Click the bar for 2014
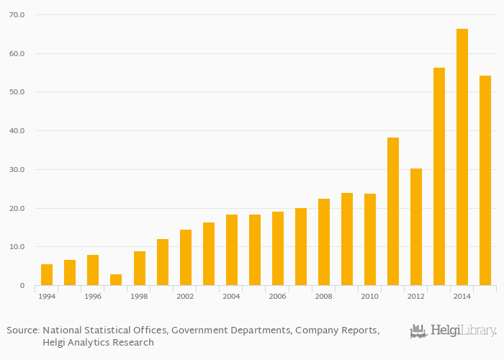(462, 157)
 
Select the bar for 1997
(116, 280)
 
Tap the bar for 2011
(393, 212)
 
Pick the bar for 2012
(416, 227)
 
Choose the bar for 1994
(47, 275)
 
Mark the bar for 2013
(439, 176)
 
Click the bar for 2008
(324, 242)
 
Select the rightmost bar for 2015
(485, 181)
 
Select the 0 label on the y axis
(22, 286)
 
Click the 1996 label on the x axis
(92, 297)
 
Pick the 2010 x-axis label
(369, 297)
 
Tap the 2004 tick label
(231, 297)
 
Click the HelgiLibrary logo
(453, 331)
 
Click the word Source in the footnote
(23, 330)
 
